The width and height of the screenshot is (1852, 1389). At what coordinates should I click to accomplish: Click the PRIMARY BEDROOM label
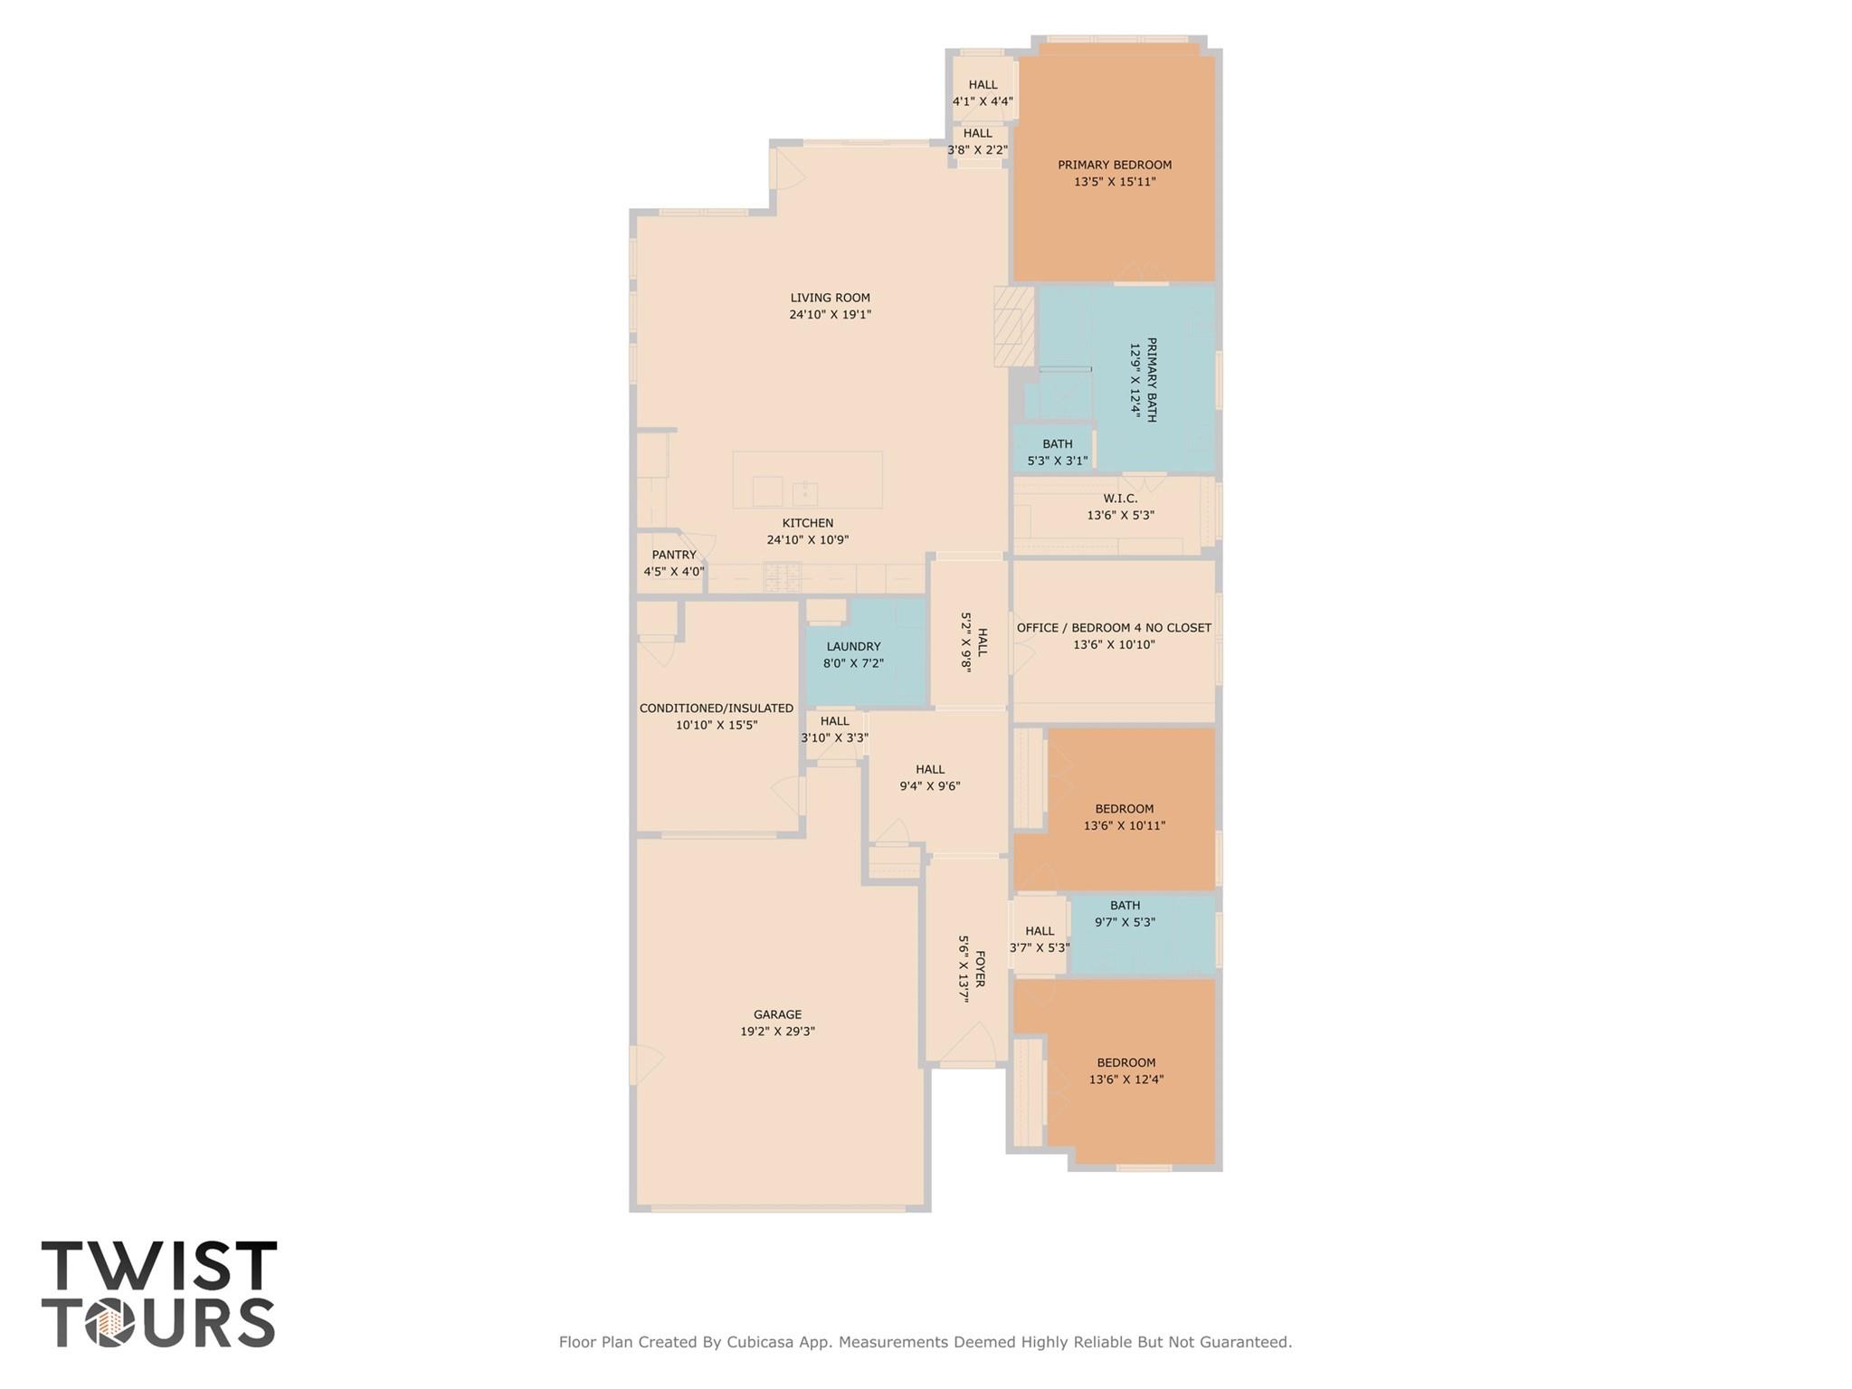(x=1115, y=165)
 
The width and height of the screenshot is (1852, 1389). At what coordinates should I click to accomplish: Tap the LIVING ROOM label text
(x=830, y=298)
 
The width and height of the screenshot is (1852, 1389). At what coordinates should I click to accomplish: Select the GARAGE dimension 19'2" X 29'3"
(x=777, y=1032)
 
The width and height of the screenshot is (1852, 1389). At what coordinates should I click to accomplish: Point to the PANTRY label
(x=674, y=555)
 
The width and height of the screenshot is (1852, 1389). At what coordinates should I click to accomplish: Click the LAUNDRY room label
(x=853, y=646)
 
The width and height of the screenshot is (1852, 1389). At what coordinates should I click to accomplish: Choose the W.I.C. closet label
(x=1120, y=499)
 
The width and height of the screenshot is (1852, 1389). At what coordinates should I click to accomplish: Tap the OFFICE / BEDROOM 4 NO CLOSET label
(x=1114, y=628)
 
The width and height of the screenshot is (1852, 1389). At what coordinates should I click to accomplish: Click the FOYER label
(x=980, y=968)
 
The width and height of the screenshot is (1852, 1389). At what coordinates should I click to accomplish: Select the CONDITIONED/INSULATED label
(x=717, y=709)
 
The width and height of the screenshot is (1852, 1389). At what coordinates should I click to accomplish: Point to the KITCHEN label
(x=808, y=523)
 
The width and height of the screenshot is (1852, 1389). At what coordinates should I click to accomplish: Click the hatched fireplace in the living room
(x=1013, y=327)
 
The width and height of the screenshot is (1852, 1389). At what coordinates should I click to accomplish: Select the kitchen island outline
(x=807, y=480)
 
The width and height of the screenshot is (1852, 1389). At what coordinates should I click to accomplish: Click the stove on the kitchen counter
(x=783, y=576)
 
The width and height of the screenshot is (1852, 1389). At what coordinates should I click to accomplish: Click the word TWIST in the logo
(x=159, y=1266)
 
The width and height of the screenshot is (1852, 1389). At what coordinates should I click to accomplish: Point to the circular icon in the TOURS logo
(x=109, y=1324)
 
